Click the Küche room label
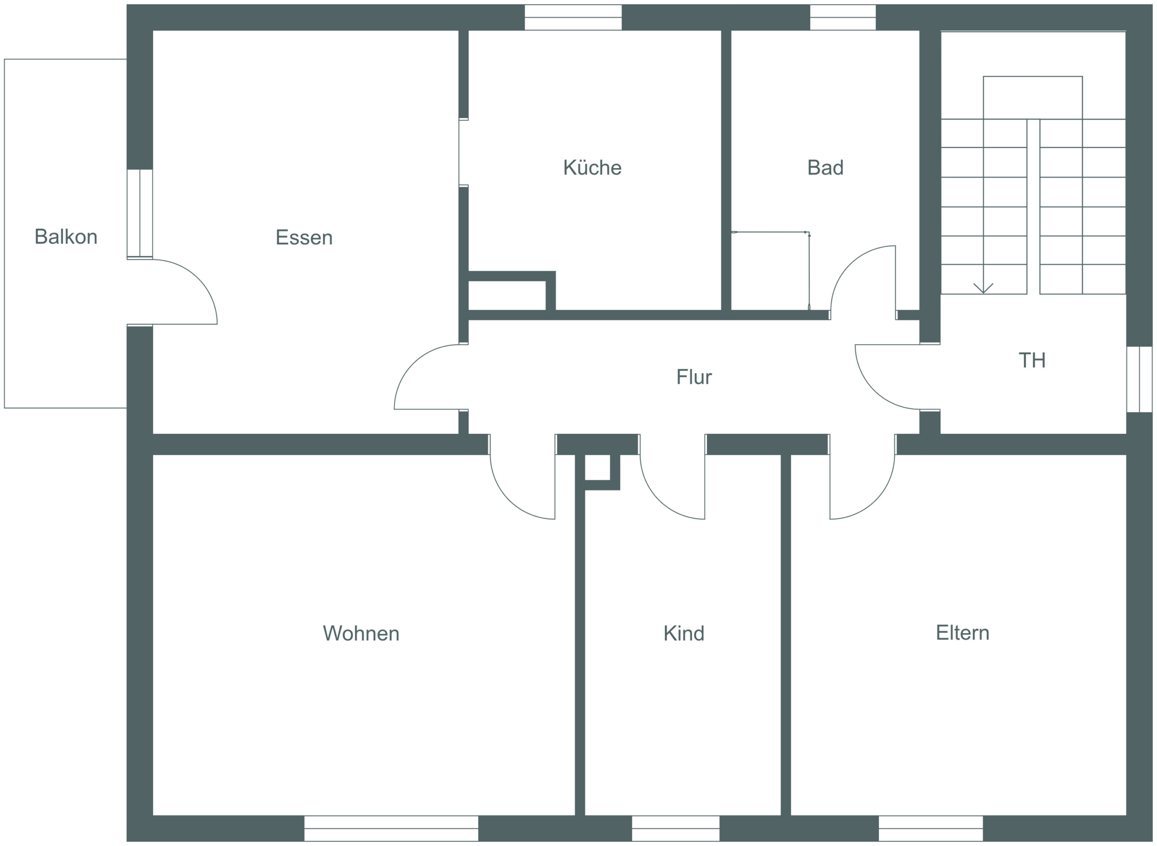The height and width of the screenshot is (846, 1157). click(x=592, y=168)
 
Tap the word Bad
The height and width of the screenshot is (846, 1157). click(x=825, y=168)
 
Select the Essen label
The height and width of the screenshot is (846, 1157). click(x=304, y=237)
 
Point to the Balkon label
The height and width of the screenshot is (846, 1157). click(x=66, y=237)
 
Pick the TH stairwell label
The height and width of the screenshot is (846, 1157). click(x=1032, y=360)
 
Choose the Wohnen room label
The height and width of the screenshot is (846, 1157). click(x=361, y=634)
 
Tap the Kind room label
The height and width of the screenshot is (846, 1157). click(x=684, y=634)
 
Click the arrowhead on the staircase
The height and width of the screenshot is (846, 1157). click(x=983, y=288)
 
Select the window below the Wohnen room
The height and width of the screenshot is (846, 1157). click(x=391, y=828)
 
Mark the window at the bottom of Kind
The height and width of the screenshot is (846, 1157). click(x=676, y=828)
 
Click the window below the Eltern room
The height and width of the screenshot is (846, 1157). click(x=931, y=828)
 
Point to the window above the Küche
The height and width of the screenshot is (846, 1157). click(x=573, y=18)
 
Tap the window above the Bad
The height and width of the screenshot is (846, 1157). click(x=842, y=18)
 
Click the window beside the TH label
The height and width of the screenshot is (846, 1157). click(x=1139, y=379)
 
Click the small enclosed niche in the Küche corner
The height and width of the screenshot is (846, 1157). click(x=507, y=296)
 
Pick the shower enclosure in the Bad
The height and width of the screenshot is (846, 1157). click(x=770, y=271)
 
